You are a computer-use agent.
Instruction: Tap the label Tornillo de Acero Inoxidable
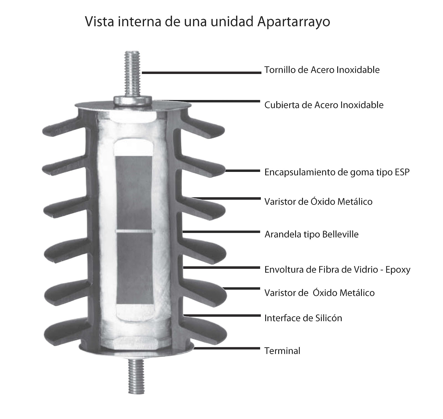322,70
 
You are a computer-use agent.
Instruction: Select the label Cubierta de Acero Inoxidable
324,105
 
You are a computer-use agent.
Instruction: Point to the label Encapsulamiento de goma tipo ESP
337,172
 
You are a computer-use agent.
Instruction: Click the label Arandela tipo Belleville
311,234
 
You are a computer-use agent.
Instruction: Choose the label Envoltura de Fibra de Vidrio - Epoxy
337,270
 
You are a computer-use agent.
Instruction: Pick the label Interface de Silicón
303,318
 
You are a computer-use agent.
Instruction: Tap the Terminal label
282,351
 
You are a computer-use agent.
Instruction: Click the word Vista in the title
99,22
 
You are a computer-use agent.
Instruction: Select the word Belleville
337,234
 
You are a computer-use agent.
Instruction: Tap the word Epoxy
398,270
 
